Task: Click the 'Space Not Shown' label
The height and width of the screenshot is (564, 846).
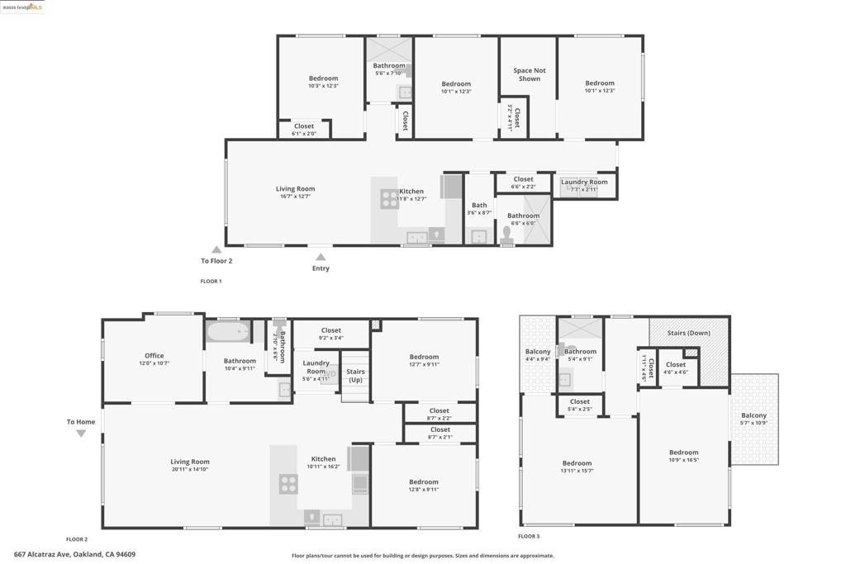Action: (529, 75)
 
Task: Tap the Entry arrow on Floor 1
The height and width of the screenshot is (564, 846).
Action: (321, 258)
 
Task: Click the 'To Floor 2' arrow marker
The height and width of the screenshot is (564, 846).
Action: (216, 249)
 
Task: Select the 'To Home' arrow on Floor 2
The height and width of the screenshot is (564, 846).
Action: (81, 433)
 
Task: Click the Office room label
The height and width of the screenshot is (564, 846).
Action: (154, 356)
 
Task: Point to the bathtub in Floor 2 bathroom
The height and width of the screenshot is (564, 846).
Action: (227, 333)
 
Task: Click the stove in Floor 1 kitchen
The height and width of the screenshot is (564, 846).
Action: (389, 199)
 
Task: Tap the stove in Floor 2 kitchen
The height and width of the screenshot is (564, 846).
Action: (288, 484)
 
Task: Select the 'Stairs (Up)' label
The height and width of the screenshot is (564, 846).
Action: (355, 376)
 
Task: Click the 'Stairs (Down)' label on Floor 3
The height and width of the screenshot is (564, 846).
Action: (688, 333)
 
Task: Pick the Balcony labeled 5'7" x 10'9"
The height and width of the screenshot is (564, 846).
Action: (753, 419)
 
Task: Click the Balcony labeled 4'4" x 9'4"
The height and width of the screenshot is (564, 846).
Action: (538, 355)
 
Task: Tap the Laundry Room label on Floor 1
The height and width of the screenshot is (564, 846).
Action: (584, 182)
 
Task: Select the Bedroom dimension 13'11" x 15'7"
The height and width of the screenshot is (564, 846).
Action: (577, 471)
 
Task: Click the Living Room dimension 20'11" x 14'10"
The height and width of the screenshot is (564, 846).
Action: (190, 469)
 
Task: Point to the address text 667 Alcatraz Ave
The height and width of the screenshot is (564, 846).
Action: (74, 555)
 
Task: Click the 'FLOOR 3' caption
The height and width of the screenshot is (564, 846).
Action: (529, 537)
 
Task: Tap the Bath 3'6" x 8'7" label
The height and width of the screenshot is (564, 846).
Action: (479, 209)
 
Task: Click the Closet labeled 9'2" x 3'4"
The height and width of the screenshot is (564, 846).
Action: (330, 334)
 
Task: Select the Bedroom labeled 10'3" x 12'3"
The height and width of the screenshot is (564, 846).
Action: (323, 82)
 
